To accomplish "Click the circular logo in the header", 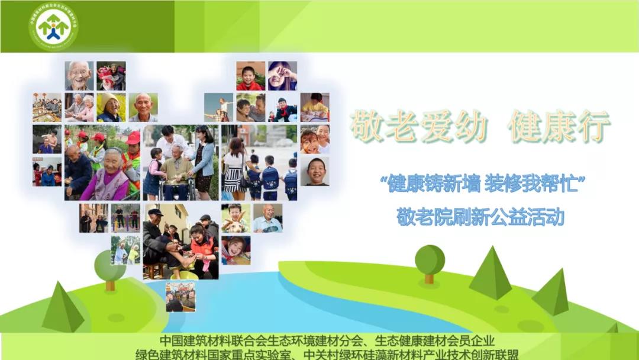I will (53, 27).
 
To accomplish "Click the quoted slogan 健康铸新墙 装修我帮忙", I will (482, 185).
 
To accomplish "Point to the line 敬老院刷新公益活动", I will (480, 217).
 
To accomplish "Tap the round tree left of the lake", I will (110, 268).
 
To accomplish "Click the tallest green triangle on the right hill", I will (490, 273).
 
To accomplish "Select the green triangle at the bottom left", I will (63, 307).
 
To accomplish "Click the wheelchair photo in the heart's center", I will (178, 162).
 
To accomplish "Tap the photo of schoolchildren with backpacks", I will (259, 162).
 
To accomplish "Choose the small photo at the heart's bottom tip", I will (180, 296).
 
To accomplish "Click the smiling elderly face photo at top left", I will (79, 76).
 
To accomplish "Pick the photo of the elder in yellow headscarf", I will (111, 107).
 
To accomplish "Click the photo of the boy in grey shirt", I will (314, 171).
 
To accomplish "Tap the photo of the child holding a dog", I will (235, 218).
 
